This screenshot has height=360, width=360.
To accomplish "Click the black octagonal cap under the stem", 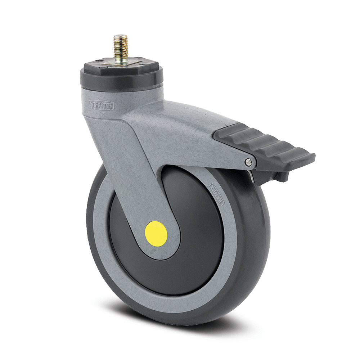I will point(121,68).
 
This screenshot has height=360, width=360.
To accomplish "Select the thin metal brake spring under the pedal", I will point(252,175).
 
